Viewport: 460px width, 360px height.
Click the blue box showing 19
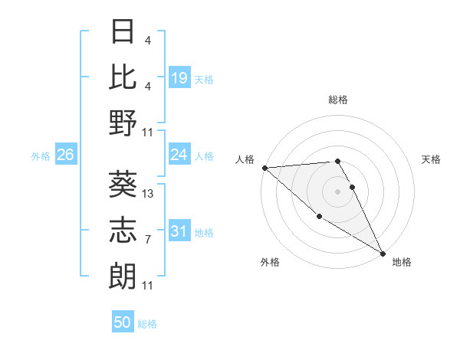pos(179,77)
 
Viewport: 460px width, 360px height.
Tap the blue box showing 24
pos(179,155)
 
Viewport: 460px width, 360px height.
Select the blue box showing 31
pos(179,231)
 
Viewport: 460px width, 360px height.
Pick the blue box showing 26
pos(65,155)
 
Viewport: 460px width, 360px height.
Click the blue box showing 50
pos(123,322)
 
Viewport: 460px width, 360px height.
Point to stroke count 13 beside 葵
pos(149,194)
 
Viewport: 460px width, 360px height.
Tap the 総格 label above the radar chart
pos(338,100)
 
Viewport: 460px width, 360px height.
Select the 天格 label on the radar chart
pos(432,159)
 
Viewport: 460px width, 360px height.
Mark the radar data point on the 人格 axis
pos(264,168)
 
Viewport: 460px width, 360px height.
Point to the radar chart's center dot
pos(338,191)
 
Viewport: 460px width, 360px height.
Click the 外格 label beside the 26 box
pos(41,155)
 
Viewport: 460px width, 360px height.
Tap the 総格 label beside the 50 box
pos(147,324)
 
